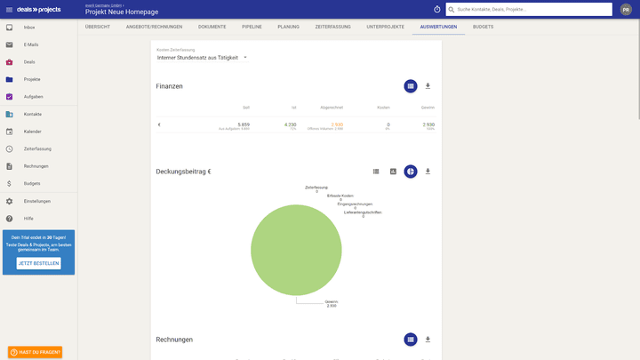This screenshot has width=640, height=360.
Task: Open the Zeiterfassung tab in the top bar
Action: [x=332, y=27]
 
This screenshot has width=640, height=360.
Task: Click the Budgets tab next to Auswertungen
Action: [x=484, y=27]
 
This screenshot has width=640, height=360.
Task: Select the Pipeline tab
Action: [x=252, y=27]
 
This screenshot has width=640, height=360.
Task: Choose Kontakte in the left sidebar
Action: [x=33, y=114]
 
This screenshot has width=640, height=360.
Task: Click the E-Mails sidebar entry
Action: [x=31, y=44]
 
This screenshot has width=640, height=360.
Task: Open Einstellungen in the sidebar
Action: [x=37, y=201]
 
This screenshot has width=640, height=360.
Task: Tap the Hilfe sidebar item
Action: [x=28, y=218]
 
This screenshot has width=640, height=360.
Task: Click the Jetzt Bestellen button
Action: [x=39, y=263]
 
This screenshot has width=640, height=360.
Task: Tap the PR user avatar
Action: [x=626, y=9]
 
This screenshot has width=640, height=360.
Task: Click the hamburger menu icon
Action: [x=10, y=9]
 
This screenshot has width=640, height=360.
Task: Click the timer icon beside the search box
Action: [x=436, y=9]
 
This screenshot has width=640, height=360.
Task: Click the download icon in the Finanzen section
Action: [x=428, y=86]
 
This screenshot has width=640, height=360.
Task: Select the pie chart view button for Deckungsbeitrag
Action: [x=410, y=171]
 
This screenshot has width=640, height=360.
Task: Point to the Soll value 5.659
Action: [x=243, y=124]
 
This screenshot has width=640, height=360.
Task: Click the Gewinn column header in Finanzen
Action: [x=428, y=108]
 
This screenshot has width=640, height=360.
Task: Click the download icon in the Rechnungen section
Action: [x=428, y=339]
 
